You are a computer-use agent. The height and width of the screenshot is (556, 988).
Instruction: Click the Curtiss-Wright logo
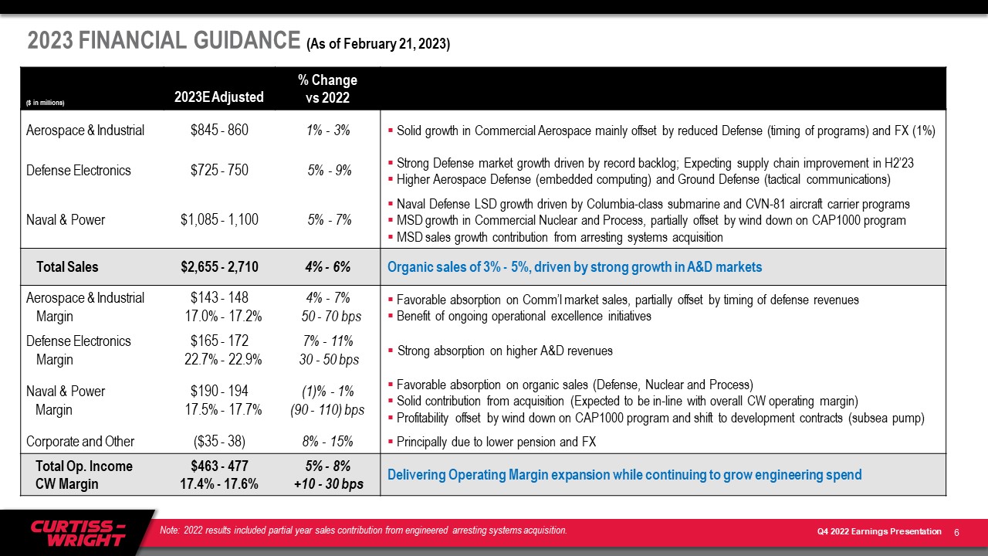(x=78, y=533)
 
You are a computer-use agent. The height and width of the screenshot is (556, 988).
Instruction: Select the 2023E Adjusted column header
(x=218, y=97)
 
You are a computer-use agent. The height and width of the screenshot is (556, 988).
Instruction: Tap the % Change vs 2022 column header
(x=328, y=89)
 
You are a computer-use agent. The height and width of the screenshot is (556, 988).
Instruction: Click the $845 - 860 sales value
(x=219, y=131)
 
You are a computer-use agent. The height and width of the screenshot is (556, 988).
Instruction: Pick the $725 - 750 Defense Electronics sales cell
(x=219, y=170)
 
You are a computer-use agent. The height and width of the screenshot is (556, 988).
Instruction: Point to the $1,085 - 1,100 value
(x=219, y=219)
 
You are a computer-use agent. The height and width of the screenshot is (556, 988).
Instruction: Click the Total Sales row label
(x=67, y=267)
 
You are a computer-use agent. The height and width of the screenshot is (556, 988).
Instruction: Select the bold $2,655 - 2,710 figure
(x=219, y=267)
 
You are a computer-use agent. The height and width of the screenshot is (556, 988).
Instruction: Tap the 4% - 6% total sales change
(x=328, y=267)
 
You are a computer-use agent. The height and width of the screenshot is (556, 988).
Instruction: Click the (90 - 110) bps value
(x=327, y=410)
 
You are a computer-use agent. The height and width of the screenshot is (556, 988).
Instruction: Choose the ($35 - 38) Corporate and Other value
(x=219, y=441)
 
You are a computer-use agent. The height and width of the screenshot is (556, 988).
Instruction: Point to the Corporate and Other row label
(x=80, y=441)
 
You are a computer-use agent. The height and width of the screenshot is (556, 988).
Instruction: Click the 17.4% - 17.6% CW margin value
(x=218, y=484)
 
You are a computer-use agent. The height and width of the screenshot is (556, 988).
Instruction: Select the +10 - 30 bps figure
(x=329, y=484)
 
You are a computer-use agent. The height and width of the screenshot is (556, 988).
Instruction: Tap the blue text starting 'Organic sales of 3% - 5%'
(x=575, y=267)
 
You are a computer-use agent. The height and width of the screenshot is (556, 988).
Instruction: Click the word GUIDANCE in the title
(x=247, y=40)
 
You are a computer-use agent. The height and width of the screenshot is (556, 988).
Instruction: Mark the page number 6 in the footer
(x=956, y=533)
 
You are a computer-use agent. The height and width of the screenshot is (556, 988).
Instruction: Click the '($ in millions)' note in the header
(x=45, y=103)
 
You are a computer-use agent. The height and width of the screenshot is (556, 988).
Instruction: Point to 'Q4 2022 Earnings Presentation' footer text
(x=879, y=531)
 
